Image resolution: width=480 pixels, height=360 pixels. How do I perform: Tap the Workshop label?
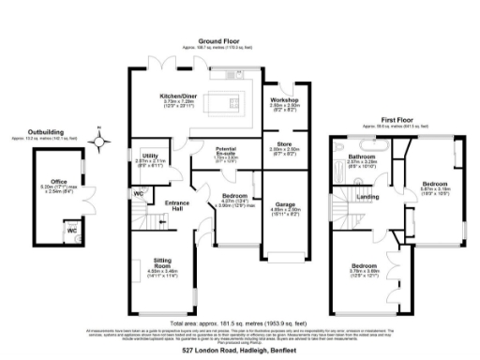[284, 98]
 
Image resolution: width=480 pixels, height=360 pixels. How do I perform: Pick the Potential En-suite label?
[226, 151]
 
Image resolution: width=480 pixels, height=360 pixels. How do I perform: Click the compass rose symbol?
[97, 142]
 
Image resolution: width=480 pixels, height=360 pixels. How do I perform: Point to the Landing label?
[368, 197]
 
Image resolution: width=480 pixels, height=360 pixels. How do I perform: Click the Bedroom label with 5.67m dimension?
[434, 184]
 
